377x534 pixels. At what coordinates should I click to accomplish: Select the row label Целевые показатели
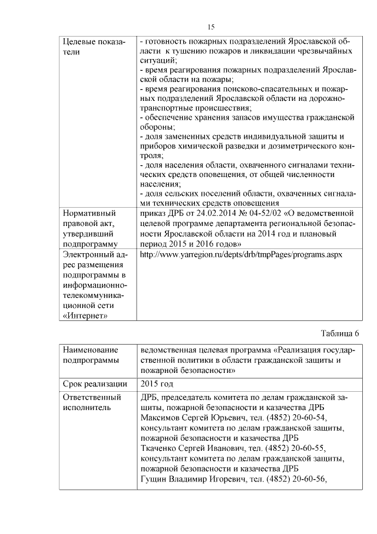[94, 47]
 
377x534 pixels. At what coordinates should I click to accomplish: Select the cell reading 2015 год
[158, 384]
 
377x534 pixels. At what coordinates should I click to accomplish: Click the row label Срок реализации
[95, 384]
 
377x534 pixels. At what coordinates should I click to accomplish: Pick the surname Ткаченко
[161, 448]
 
